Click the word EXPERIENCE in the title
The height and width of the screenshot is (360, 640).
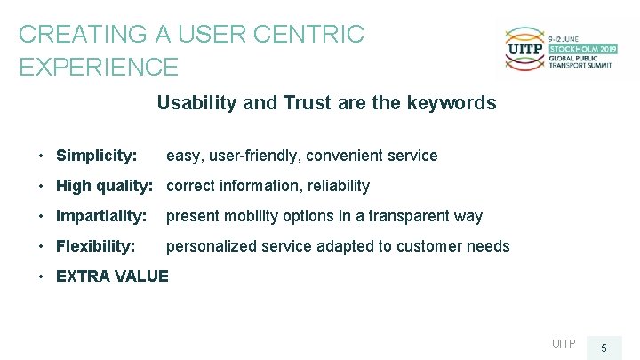click(x=99, y=67)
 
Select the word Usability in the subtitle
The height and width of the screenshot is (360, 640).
click(x=196, y=103)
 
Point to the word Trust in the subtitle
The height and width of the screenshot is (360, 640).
click(x=308, y=103)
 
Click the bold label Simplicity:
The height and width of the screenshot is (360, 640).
click(x=96, y=156)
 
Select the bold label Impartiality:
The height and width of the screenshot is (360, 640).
click(x=101, y=216)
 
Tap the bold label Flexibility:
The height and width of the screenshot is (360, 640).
click(x=96, y=246)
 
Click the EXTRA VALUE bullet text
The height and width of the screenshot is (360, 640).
click(x=112, y=276)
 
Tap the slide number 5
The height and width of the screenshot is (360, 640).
click(x=604, y=348)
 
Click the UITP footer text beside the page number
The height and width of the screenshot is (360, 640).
click(x=564, y=344)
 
